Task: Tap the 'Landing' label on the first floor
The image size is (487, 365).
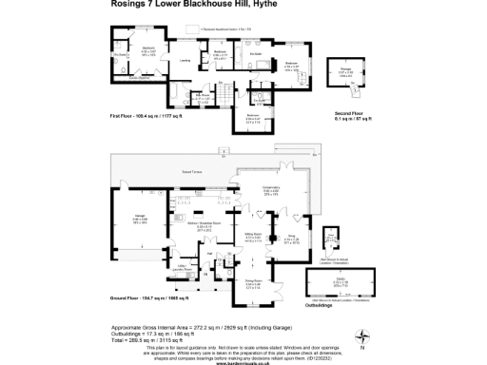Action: pyautogui.click(x=185, y=60)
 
